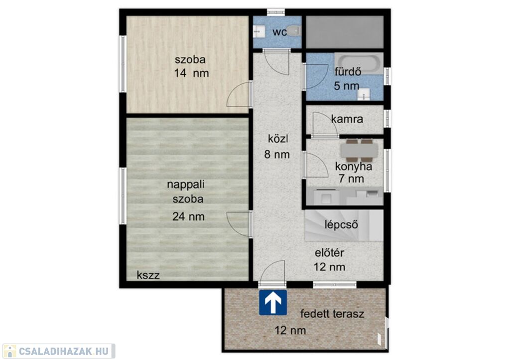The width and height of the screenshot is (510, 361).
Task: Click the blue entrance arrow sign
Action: coord(273,303)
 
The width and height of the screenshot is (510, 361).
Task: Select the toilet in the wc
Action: coord(294,31)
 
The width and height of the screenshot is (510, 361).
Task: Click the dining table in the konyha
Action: coord(359,151)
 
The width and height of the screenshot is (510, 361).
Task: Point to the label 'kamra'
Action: coord(347,119)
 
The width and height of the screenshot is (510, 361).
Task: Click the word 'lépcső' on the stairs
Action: coord(341,224)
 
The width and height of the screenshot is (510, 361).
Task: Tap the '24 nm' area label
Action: coord(188,216)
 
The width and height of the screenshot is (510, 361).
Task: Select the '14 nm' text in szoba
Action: coord(191,73)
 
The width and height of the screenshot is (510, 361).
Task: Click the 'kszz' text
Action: coord(148,275)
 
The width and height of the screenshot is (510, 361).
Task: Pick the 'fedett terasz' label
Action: coord(332,314)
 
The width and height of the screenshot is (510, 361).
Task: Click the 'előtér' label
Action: coord(329,253)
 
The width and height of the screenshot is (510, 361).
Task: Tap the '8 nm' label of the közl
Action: coord(277,154)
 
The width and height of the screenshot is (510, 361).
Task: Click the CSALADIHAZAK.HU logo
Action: coord(59,351)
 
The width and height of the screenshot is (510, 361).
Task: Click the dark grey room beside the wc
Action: coord(345,31)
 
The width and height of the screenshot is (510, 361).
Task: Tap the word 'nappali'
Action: coord(186,184)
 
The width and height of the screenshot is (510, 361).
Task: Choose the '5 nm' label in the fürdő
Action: coord(347,86)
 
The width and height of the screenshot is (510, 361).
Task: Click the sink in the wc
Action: coord(258,31)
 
